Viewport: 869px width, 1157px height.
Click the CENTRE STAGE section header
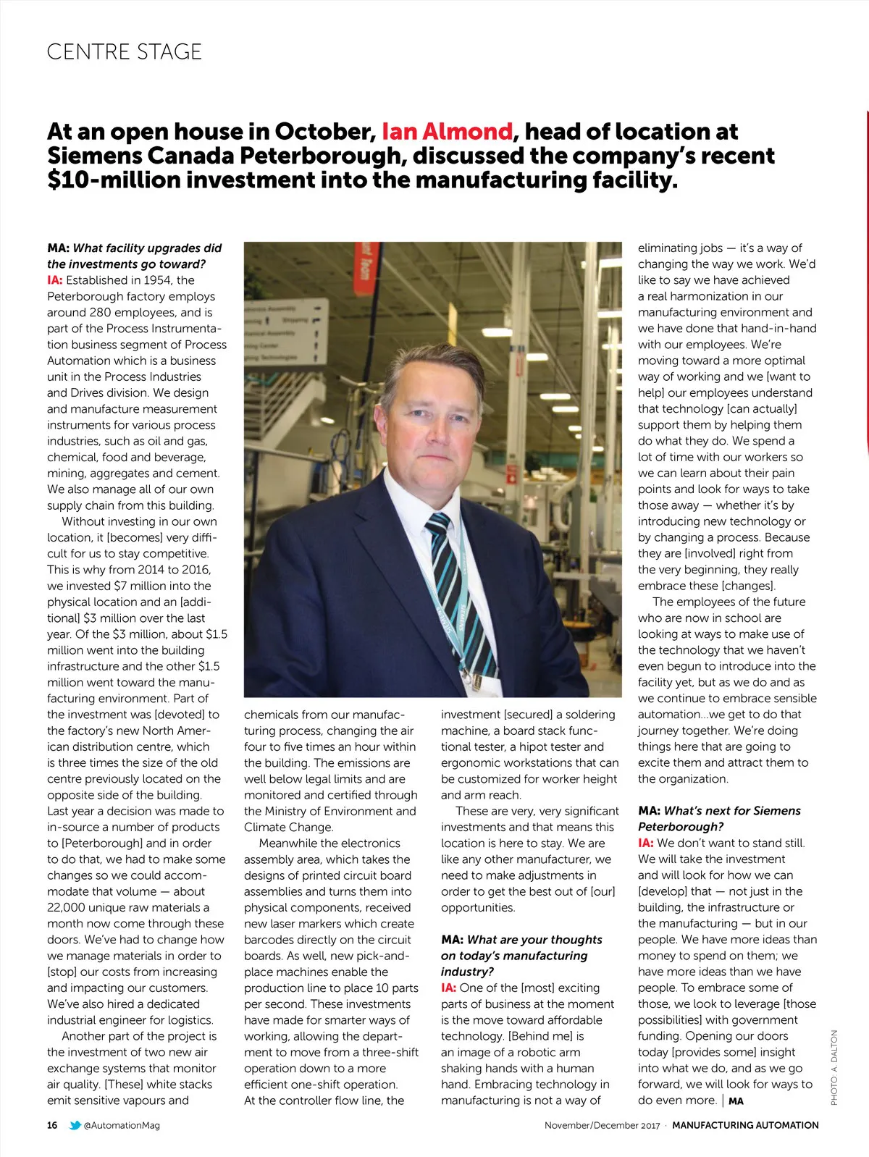click(x=124, y=52)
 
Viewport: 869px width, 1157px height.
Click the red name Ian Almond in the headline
click(x=447, y=132)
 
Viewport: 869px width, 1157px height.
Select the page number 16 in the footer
click(x=52, y=1125)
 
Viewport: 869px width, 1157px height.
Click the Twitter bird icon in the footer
click(x=75, y=1125)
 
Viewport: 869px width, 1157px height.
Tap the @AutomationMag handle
click(x=122, y=1125)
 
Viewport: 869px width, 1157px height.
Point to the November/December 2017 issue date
click(x=602, y=1125)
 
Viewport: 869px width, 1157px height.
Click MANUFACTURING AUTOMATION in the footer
click(x=745, y=1125)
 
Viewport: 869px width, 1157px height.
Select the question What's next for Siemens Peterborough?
click(x=719, y=819)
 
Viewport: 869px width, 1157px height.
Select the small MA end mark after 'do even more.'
click(x=736, y=1101)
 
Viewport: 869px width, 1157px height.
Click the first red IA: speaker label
click(x=55, y=280)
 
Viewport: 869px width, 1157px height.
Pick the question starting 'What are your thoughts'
click(x=521, y=956)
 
